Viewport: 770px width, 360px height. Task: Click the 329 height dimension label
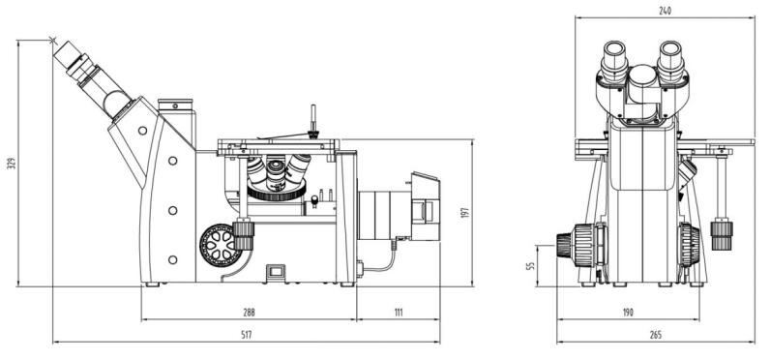(x=12, y=163)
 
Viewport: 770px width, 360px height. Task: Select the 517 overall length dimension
(x=247, y=335)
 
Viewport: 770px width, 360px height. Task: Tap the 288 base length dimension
(x=249, y=313)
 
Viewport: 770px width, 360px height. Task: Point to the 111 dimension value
(x=399, y=313)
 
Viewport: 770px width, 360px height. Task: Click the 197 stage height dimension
(x=465, y=212)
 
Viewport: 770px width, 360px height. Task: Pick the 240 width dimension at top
(x=665, y=11)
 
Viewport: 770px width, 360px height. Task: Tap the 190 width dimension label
(x=628, y=313)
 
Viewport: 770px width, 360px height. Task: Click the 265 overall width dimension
(x=656, y=335)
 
